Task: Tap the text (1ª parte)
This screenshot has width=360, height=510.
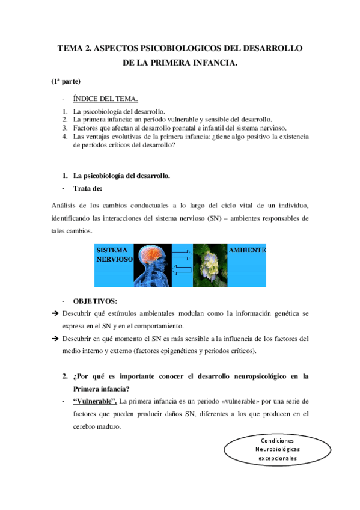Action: (x=66, y=81)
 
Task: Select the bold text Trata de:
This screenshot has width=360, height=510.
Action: (x=88, y=188)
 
